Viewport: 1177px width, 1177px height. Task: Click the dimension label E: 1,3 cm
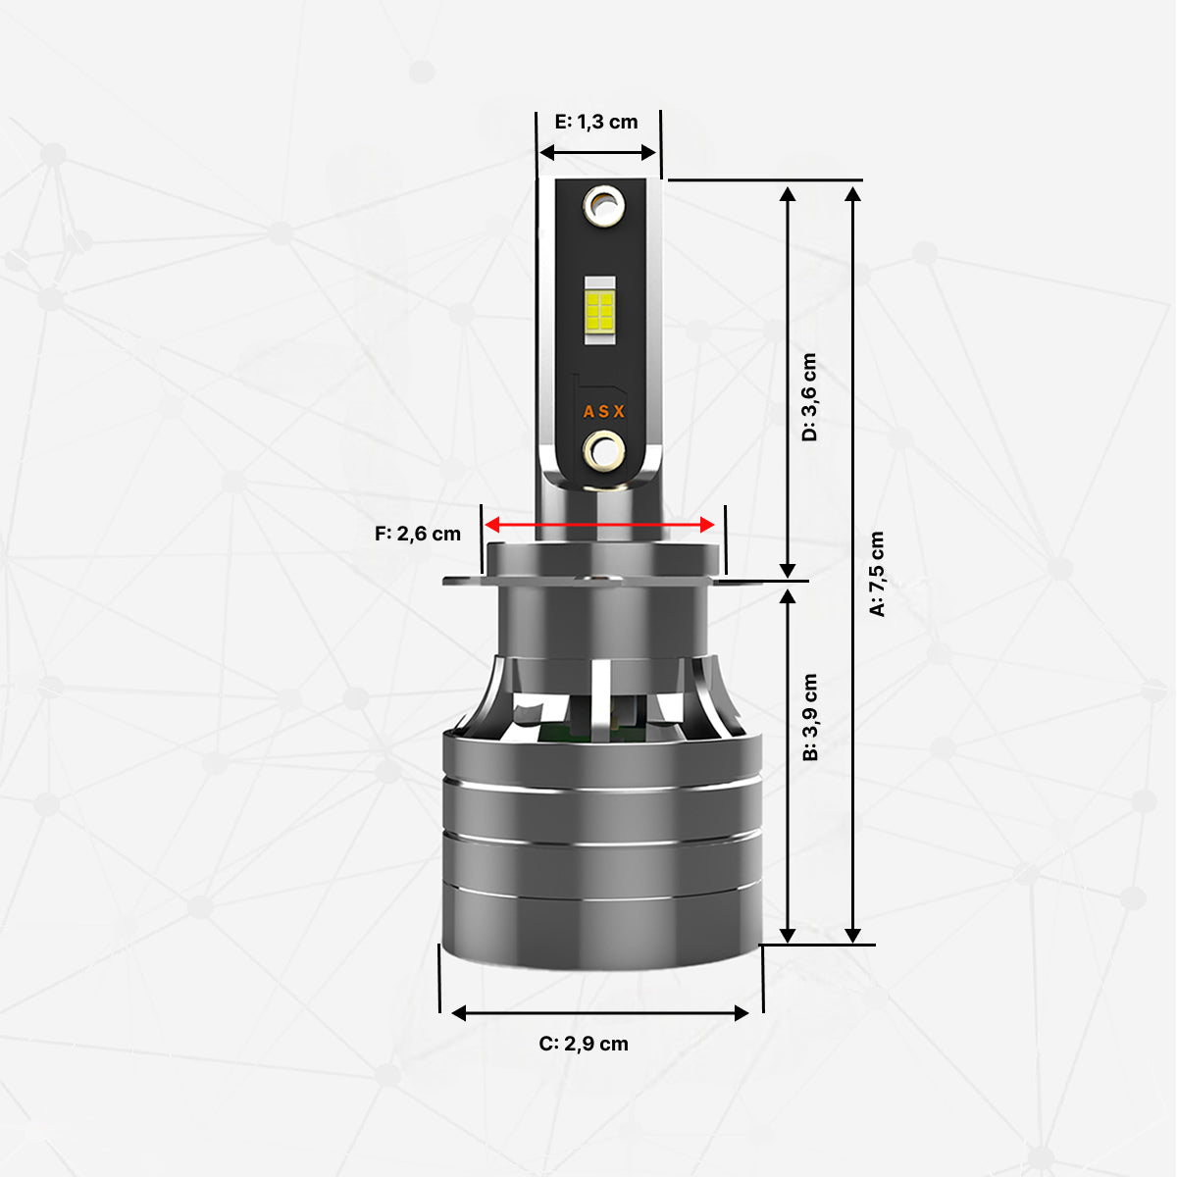[596, 123]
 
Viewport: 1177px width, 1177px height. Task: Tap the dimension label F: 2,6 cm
[418, 534]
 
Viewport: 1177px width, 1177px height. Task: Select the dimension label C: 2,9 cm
[584, 1044]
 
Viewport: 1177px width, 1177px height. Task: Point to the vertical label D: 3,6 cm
[809, 397]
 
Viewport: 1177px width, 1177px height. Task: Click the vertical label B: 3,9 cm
[809, 717]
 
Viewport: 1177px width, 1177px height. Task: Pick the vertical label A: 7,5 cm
[877, 574]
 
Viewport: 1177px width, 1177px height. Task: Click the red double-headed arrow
[599, 524]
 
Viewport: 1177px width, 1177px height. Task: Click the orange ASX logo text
[603, 412]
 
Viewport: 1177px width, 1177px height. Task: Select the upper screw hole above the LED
[603, 206]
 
